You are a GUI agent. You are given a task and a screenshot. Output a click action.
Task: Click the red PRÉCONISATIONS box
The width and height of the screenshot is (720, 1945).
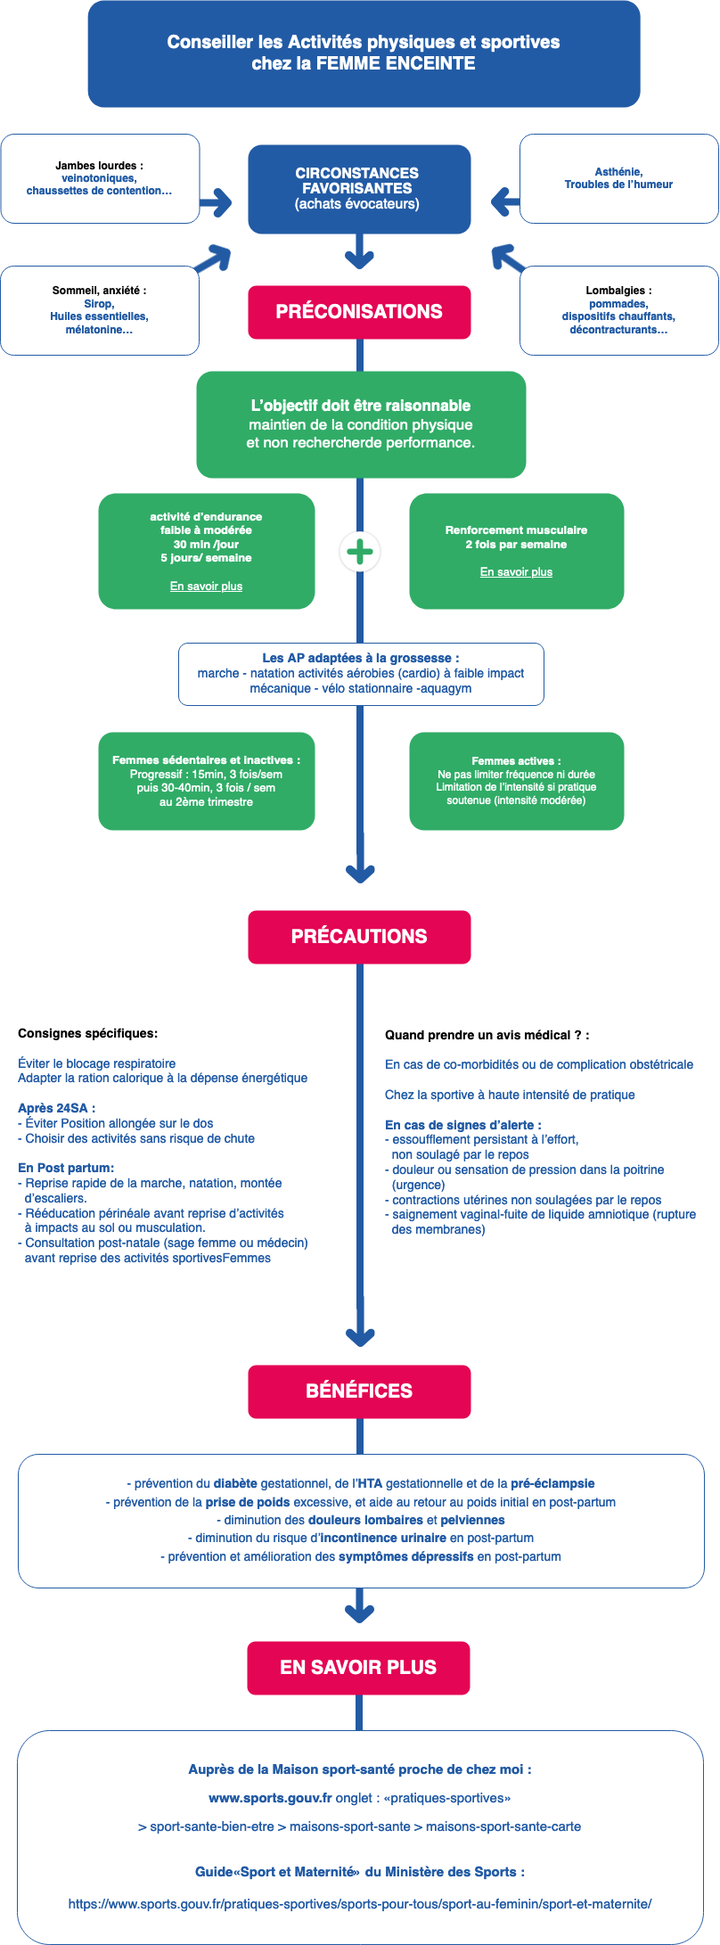(x=359, y=312)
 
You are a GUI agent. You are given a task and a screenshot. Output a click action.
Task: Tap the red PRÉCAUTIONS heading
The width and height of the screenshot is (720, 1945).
(x=359, y=937)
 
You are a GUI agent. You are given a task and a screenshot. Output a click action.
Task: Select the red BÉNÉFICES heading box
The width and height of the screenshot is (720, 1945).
(x=359, y=1391)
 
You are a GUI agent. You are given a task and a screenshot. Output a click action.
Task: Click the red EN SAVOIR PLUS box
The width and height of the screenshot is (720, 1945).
(x=358, y=1668)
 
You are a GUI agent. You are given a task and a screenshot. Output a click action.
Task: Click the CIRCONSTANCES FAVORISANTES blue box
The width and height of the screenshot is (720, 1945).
(x=359, y=189)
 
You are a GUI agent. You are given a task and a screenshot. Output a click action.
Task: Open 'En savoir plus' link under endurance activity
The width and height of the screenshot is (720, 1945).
(x=206, y=587)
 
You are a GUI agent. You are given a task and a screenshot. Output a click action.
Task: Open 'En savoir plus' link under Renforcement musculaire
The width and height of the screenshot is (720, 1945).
(x=516, y=572)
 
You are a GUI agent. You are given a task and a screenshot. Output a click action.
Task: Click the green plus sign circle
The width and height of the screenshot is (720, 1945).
(x=360, y=553)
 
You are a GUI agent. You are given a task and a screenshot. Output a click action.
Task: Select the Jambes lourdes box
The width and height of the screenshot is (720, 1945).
(x=100, y=178)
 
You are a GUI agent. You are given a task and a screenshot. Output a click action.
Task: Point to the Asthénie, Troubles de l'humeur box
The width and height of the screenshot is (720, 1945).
(x=618, y=178)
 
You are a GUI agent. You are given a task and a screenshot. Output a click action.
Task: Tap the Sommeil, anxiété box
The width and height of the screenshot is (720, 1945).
(x=100, y=310)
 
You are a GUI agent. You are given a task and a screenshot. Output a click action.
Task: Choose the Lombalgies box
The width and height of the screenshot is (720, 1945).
(x=618, y=310)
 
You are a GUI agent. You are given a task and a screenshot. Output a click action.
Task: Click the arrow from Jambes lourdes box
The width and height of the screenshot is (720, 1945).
(x=217, y=202)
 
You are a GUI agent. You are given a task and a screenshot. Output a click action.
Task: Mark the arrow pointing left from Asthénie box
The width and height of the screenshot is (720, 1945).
(x=505, y=201)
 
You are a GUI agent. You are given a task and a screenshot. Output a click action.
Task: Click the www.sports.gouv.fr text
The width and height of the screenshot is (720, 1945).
(x=270, y=1798)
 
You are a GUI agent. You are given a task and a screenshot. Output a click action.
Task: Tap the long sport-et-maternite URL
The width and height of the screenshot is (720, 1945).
(x=360, y=1904)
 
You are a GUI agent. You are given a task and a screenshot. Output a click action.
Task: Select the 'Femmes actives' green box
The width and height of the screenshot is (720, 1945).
(x=517, y=781)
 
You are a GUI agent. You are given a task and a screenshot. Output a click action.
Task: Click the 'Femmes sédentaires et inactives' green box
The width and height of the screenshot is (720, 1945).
(x=207, y=781)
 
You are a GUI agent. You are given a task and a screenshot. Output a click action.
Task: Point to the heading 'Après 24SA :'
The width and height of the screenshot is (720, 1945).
(x=56, y=1108)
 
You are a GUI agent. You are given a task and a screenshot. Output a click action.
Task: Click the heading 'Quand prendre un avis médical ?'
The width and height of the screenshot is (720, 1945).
(x=487, y=1035)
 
